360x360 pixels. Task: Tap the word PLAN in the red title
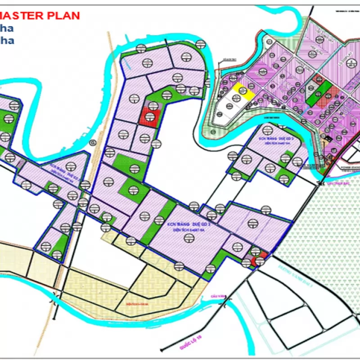65,16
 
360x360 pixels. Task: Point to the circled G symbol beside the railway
93,143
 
